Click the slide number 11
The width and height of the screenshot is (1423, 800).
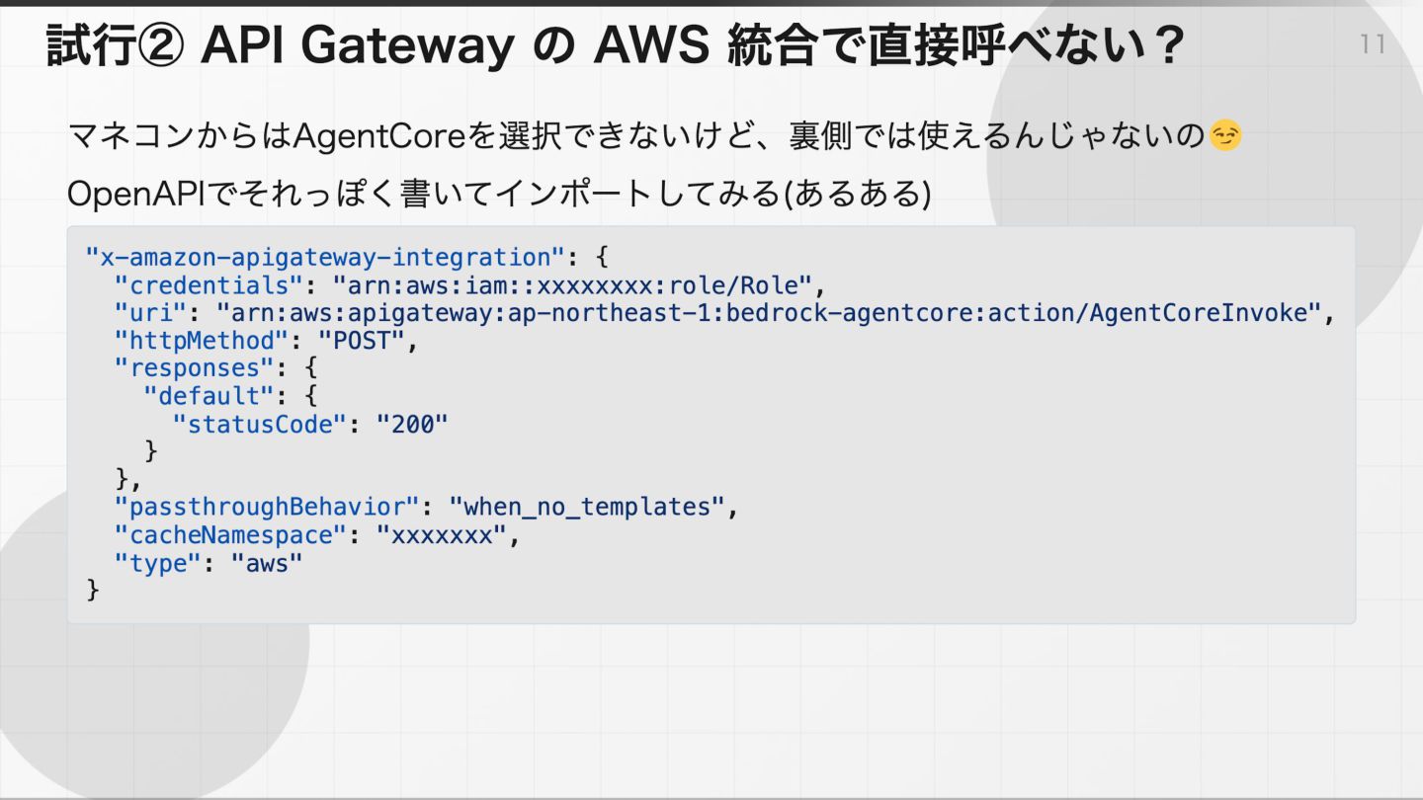(1373, 44)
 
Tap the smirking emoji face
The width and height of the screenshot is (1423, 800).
(1225, 136)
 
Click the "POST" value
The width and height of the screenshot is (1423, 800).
(362, 341)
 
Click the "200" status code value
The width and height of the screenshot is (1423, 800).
(412, 424)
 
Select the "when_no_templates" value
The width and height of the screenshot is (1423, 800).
(587, 508)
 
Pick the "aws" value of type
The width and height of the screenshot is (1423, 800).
(267, 563)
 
